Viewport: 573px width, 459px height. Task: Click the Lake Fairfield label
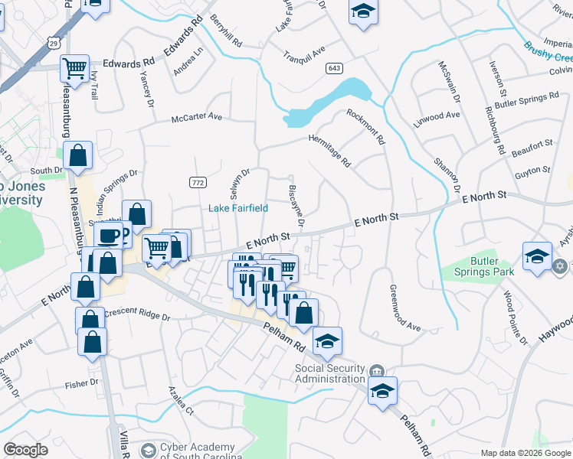(238, 207)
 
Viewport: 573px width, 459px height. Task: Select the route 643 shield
(333, 68)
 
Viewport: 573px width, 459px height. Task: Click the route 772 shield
(198, 181)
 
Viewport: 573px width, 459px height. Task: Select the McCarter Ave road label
(196, 118)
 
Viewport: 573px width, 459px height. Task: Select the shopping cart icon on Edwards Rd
(75, 69)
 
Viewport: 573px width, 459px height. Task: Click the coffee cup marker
(109, 234)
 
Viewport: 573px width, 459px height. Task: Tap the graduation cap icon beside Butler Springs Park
(537, 256)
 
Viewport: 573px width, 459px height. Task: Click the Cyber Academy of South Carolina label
(197, 451)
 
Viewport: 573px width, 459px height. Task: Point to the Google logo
(26, 450)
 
